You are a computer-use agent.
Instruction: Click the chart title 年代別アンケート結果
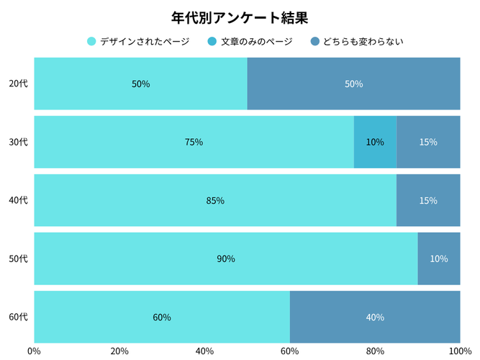point(240,17)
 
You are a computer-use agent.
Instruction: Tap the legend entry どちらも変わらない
point(357,42)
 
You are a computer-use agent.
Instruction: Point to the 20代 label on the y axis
point(18,84)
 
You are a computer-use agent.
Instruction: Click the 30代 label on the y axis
point(18,142)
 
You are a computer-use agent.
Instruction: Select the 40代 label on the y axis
point(18,200)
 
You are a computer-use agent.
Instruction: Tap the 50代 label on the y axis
point(18,258)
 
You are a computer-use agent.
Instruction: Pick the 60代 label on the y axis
point(18,317)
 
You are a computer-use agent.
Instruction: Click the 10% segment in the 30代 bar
point(375,142)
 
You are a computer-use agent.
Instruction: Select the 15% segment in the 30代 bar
point(428,142)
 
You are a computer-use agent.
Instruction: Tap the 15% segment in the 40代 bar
point(428,200)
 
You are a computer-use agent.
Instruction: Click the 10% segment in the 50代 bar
point(439,258)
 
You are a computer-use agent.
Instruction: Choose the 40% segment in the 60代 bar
point(375,317)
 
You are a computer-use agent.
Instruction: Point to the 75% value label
point(194,142)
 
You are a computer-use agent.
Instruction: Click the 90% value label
point(226,258)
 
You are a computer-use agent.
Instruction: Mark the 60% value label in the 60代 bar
point(162,317)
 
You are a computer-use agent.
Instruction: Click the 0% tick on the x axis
point(34,351)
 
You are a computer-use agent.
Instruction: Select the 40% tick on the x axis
point(204,351)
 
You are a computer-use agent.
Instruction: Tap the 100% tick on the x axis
point(459,351)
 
